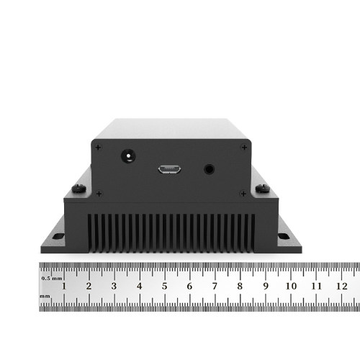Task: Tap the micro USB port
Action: coord(170,169)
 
